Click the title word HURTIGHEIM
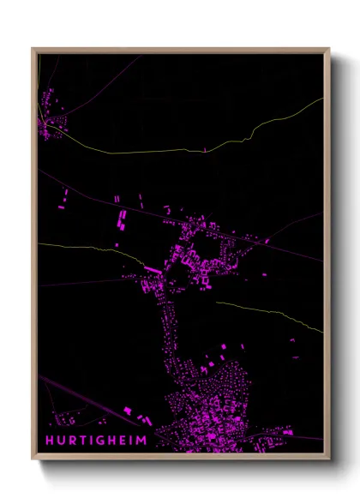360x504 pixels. tap(96, 441)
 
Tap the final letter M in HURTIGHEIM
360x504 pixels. tap(142, 441)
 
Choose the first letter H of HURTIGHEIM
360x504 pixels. tap(51, 441)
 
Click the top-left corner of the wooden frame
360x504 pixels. tap(33, 49)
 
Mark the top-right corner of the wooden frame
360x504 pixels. tap(329, 49)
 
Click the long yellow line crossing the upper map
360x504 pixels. tap(171, 151)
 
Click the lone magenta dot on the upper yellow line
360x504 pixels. tap(204, 149)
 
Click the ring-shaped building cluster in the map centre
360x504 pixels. tap(201, 253)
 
